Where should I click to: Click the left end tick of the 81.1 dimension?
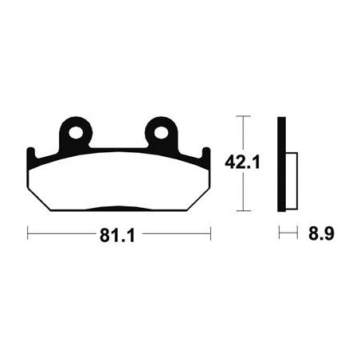pos(28,234)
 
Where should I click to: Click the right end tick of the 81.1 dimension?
pos(210,234)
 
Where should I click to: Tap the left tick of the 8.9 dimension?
pos(279,234)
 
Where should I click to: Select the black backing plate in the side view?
pos(281,164)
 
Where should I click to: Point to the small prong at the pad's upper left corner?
pos(30,152)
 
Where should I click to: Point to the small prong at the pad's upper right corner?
pos(206,152)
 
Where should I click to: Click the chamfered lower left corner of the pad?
pos(40,200)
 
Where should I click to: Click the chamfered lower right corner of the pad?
pos(197,200)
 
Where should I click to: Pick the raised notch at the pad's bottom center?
pos(119,209)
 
